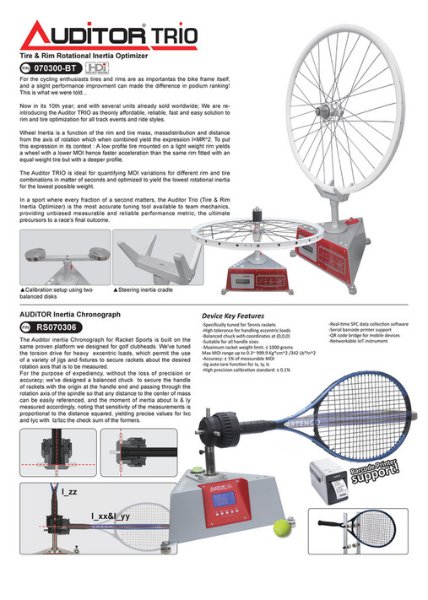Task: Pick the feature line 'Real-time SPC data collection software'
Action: (368, 324)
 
